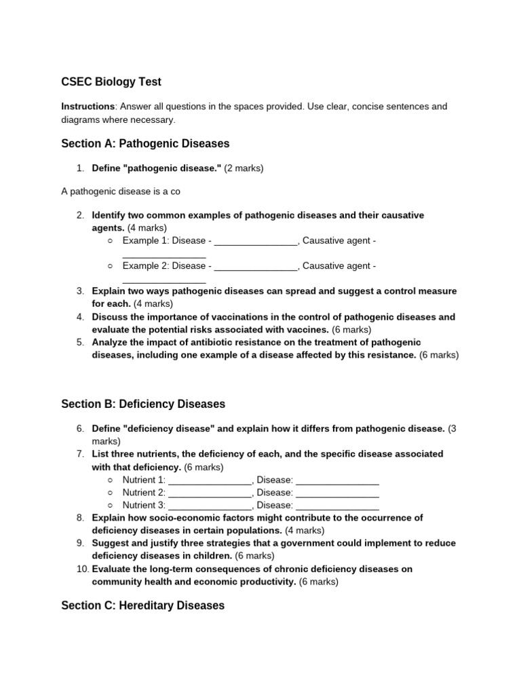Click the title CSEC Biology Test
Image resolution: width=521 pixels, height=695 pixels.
[111, 82]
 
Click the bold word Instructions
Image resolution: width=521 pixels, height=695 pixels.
[88, 107]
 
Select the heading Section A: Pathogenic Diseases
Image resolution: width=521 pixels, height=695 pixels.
[145, 144]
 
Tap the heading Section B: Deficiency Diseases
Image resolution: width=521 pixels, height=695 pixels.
[142, 404]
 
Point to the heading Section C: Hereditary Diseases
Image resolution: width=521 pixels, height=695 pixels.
[142, 605]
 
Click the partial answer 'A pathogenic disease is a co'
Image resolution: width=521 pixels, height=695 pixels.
[121, 191]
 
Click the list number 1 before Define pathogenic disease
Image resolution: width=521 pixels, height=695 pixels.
[79, 168]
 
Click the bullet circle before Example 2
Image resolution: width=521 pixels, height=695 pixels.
[111, 266]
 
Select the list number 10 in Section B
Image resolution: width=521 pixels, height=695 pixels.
[81, 569]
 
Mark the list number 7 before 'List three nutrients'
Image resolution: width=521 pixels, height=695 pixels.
[80, 453]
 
